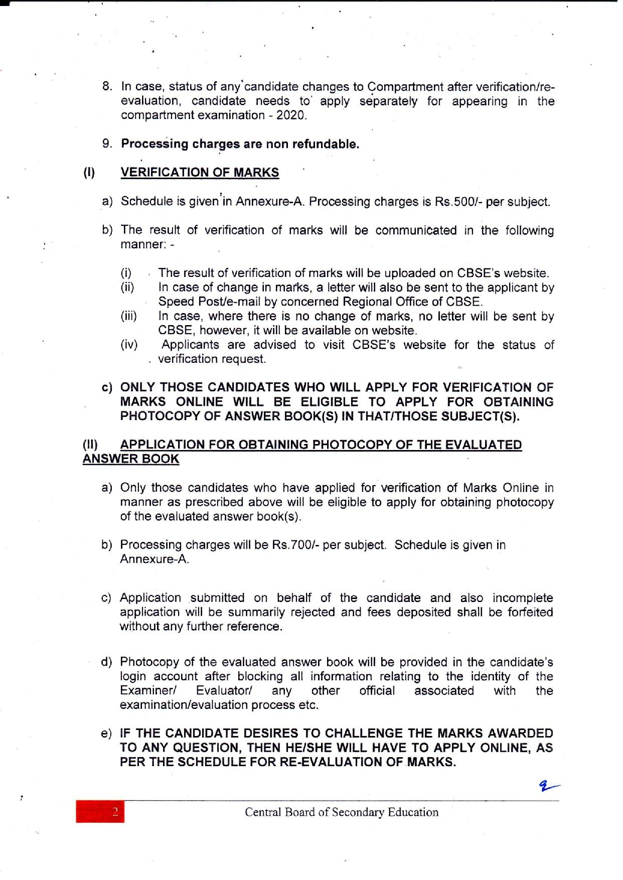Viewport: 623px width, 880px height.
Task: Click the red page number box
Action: click(x=100, y=812)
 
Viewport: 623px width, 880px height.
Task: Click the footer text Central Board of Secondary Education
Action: click(x=341, y=812)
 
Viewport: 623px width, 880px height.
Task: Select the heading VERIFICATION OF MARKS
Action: click(x=200, y=173)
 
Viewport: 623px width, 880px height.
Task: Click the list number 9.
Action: click(x=107, y=144)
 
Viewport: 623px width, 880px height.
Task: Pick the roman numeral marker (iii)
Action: click(x=129, y=317)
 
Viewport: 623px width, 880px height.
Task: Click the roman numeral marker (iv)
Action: click(x=129, y=345)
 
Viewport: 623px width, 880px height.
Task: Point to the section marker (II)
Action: click(x=91, y=445)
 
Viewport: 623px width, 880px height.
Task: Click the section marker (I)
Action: click(x=89, y=173)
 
